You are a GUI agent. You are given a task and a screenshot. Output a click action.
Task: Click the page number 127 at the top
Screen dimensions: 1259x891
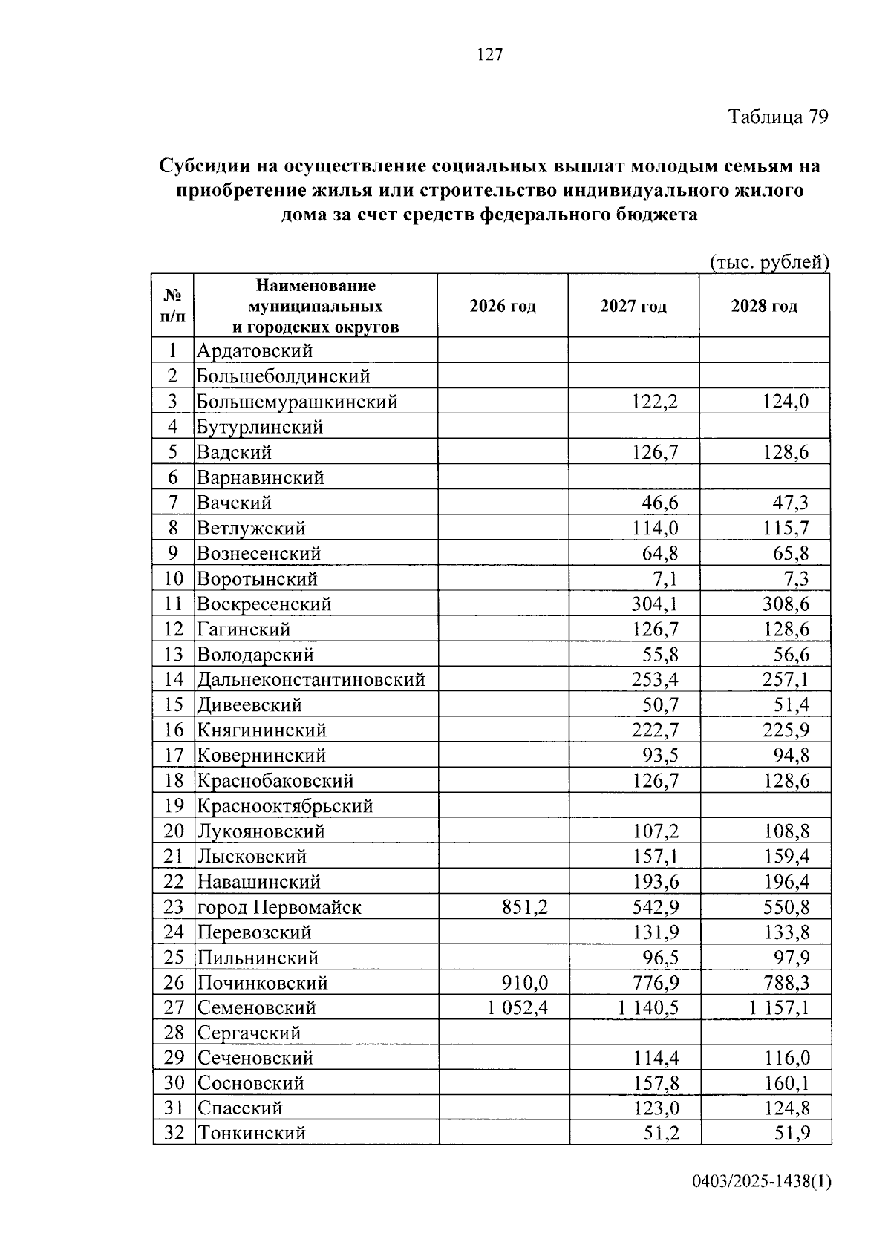click(x=490, y=55)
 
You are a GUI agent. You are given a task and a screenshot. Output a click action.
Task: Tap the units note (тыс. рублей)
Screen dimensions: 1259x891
click(x=768, y=262)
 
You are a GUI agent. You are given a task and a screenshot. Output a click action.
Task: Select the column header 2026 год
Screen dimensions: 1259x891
click(x=503, y=307)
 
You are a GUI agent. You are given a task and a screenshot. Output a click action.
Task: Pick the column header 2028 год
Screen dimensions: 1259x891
click(x=764, y=307)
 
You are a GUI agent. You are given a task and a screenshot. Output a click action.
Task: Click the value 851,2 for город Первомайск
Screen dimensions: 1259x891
click(x=525, y=907)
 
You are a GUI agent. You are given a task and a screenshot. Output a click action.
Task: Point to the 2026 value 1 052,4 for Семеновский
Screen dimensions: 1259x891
click(x=515, y=1008)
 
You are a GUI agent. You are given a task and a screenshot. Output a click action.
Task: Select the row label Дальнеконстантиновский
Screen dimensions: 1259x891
click(x=310, y=679)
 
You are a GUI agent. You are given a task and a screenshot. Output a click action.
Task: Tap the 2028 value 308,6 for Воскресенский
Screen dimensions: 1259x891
click(x=786, y=604)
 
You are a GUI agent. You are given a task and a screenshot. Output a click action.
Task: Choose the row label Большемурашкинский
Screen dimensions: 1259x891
click(x=297, y=402)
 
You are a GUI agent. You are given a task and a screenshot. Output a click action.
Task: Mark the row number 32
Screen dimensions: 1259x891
click(x=173, y=1134)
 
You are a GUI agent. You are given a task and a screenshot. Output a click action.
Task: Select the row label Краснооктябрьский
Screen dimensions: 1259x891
click(x=284, y=806)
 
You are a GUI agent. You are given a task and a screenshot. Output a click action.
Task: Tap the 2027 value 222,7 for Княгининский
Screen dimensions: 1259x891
click(x=655, y=730)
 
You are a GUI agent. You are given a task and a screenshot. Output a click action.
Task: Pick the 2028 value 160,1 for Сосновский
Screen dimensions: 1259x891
click(x=786, y=1083)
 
